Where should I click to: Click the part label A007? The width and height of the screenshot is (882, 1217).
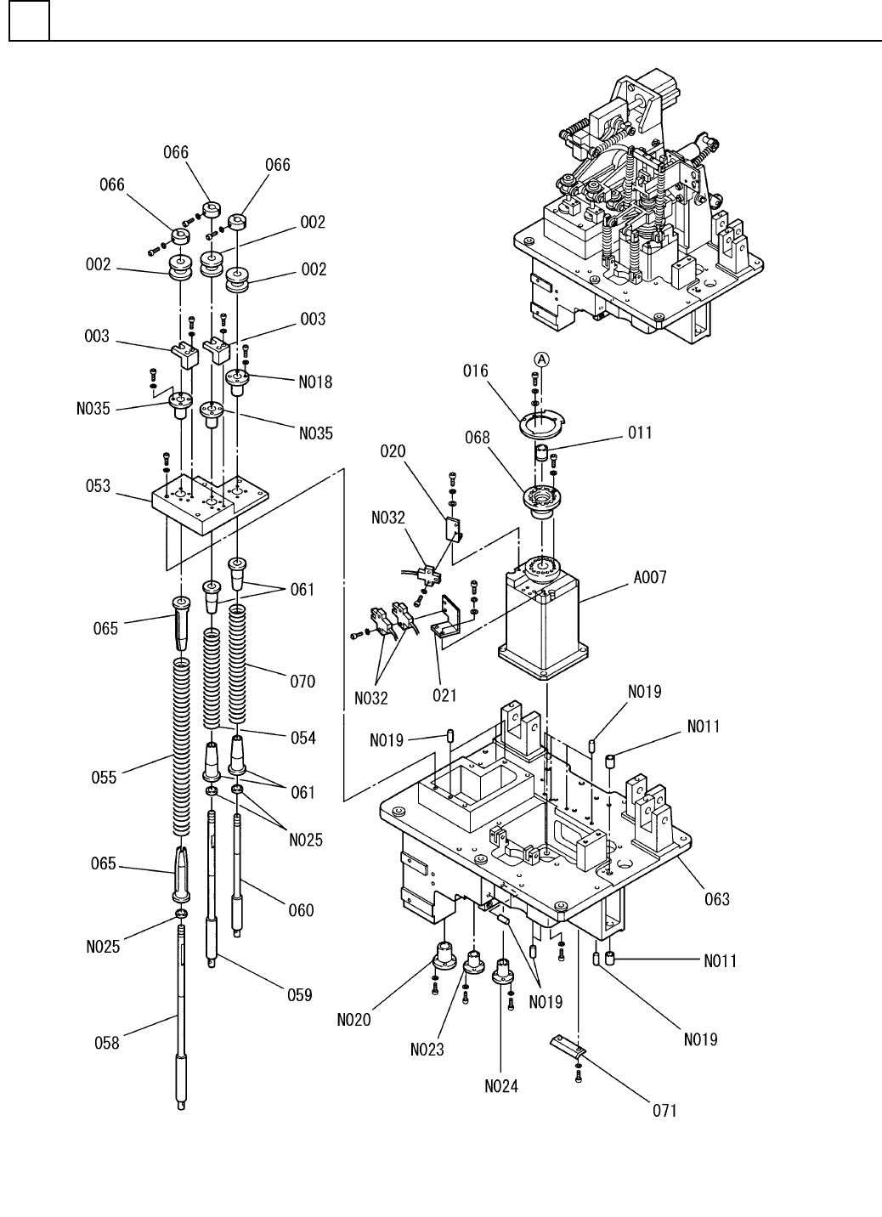649,577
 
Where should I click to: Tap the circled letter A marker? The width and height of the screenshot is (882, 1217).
541,359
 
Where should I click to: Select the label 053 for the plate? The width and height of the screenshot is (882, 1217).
98,486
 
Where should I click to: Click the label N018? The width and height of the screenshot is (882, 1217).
315,382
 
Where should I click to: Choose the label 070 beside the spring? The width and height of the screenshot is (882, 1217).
302,682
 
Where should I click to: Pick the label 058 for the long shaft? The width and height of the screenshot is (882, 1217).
106,1043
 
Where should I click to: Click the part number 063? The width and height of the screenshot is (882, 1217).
717,899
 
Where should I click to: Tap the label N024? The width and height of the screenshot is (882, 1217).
501,1086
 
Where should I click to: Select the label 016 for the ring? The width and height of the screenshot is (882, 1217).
475,371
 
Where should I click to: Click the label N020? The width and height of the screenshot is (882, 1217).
353,1020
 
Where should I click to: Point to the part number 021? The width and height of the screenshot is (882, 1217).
444,695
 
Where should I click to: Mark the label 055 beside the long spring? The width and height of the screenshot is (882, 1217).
104,778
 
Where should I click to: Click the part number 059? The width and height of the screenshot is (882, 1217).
300,995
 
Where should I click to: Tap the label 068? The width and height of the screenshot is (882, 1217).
477,438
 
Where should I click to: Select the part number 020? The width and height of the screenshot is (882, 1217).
393,451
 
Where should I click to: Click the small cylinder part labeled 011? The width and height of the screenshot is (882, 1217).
541,451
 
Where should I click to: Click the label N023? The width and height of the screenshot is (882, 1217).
427,1050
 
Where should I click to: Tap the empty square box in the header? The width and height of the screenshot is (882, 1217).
30,20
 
